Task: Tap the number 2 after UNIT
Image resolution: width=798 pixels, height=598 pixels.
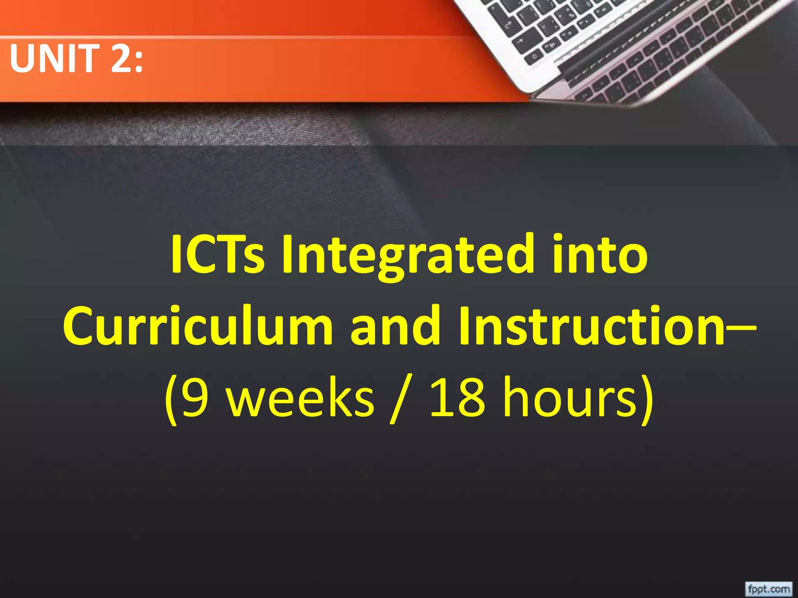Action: tap(122, 58)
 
